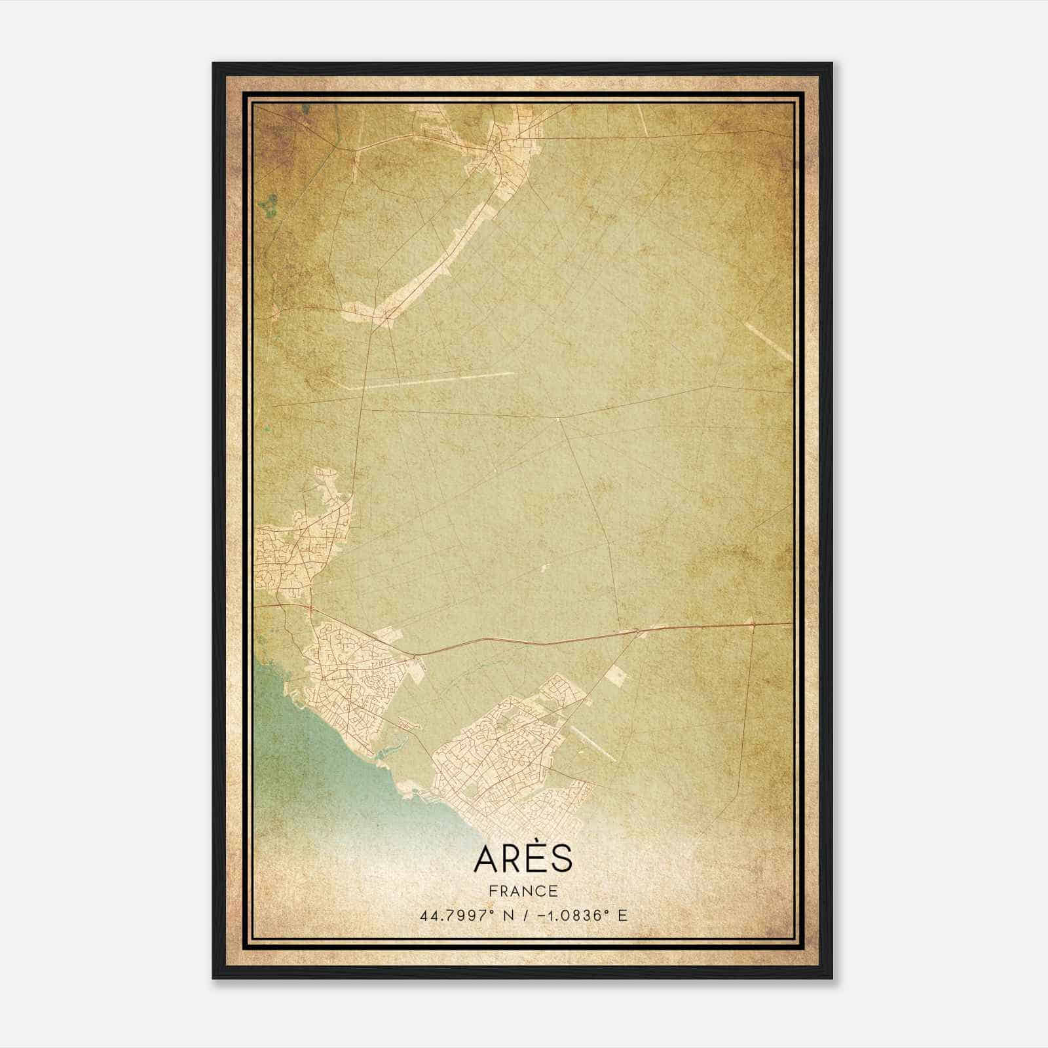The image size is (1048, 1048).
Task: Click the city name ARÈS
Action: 523,859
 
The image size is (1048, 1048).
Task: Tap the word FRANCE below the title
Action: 523,891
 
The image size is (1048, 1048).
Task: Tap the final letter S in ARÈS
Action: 562,860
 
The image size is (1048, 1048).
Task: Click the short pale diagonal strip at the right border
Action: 768,341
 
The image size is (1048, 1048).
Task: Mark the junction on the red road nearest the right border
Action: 753,624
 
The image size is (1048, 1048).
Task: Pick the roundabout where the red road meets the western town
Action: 414,654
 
